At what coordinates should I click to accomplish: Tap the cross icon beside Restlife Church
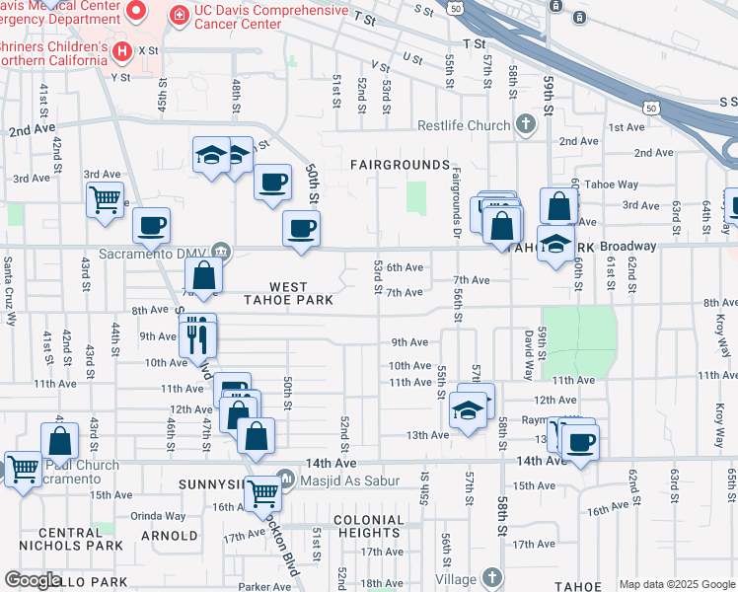click(526, 124)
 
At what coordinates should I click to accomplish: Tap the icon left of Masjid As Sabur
click(285, 480)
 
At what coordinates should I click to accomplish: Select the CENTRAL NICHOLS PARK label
click(80, 539)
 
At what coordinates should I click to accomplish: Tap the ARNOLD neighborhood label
click(170, 536)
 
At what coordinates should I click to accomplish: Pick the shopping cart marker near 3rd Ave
click(104, 200)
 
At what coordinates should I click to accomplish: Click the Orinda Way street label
click(158, 516)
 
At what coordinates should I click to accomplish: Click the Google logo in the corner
click(33, 581)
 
